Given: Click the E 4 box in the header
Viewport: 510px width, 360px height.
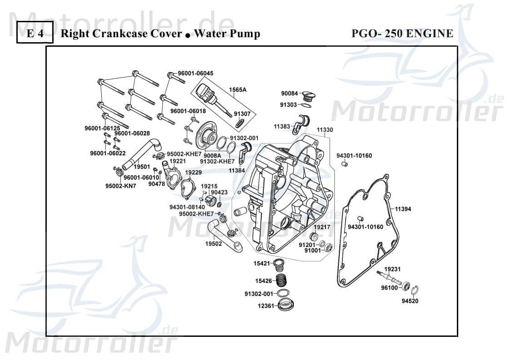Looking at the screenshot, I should (x=35, y=34).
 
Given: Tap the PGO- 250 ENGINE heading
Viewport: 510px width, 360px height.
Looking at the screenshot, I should (x=402, y=34).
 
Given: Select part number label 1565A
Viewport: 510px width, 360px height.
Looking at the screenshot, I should (x=237, y=90).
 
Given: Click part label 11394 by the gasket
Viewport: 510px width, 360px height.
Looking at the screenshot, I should (x=402, y=209).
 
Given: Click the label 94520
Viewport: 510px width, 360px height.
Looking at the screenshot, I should (x=410, y=301).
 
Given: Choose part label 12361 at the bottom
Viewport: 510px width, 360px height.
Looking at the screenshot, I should (x=266, y=306).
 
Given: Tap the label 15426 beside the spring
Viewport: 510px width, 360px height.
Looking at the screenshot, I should (x=263, y=281).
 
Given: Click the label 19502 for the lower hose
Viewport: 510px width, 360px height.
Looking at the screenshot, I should (x=213, y=244).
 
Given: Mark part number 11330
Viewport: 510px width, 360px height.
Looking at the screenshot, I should (x=325, y=130).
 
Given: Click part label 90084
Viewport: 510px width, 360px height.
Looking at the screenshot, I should (x=289, y=94).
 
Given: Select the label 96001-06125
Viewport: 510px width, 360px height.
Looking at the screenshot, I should (x=102, y=128).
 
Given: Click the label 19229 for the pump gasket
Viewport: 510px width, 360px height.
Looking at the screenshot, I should (x=193, y=173).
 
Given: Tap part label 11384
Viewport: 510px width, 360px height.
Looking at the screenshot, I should (x=237, y=170).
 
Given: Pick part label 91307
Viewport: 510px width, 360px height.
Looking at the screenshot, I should (x=242, y=113).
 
